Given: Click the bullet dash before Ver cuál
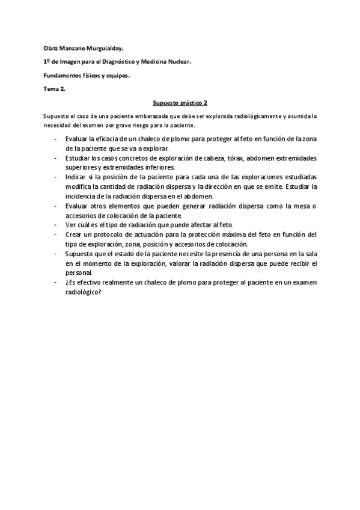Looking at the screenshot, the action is pos(55,225).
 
